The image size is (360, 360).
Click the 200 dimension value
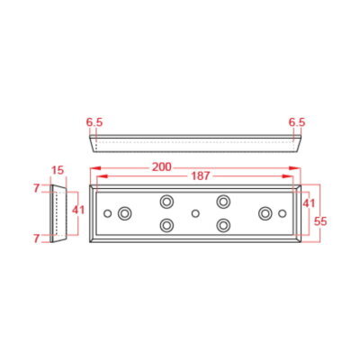162,167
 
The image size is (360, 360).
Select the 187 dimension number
200,176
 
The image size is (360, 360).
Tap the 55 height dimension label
320,221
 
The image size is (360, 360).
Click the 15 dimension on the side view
58,170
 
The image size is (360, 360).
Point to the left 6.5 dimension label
94,122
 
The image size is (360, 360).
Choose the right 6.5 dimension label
297,122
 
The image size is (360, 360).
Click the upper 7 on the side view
37,188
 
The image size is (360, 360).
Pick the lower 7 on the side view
37,238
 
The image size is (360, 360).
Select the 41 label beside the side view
78,210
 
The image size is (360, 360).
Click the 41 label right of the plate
309,203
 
